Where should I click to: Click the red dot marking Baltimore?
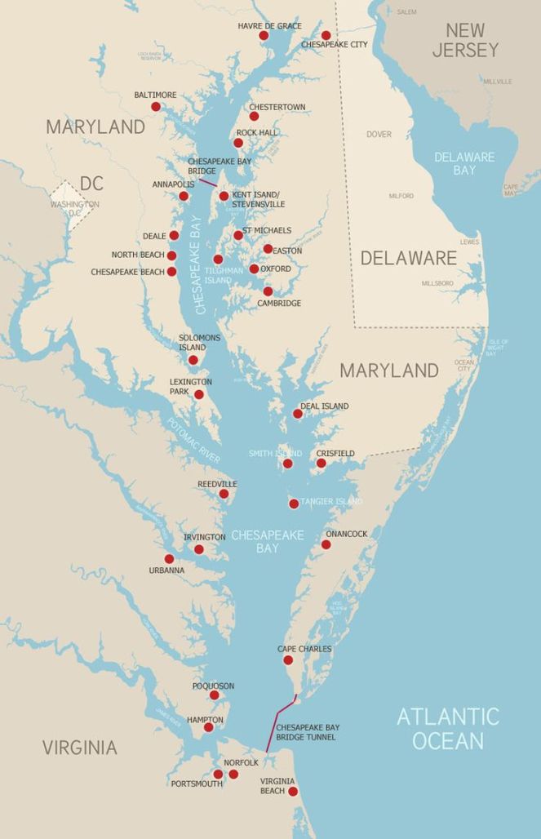(156, 106)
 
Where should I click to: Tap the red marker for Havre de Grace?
(264, 36)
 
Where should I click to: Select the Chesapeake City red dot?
(326, 35)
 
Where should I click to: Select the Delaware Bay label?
(464, 163)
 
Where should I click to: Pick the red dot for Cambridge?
(268, 291)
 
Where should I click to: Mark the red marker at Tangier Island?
(294, 504)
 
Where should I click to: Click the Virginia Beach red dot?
(292, 791)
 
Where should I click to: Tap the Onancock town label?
(346, 534)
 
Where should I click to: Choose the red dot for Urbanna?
(169, 559)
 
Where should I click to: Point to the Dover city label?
(379, 134)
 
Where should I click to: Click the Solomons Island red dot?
(193, 360)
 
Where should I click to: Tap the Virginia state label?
(79, 747)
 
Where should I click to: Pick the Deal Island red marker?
(298, 414)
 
